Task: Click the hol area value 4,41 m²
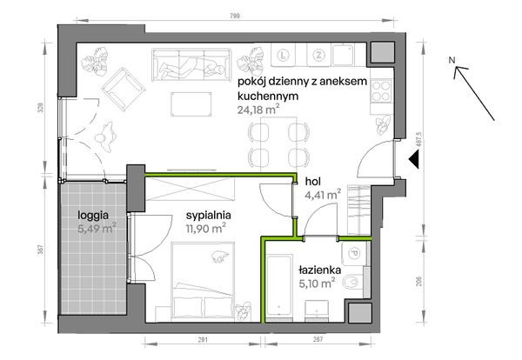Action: tap(318, 197)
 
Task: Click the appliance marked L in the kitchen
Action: tap(286, 55)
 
